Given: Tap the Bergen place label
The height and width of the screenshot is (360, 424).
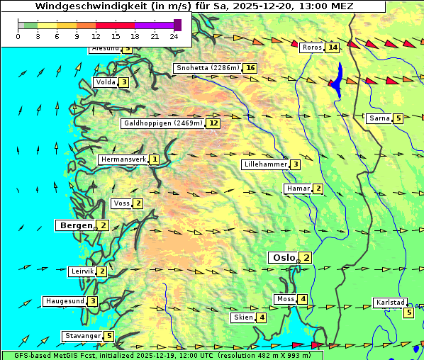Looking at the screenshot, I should coord(75,225).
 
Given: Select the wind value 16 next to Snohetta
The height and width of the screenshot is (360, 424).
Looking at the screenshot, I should coord(250,68).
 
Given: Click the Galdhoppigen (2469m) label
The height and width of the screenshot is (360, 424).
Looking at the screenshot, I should coord(164,123).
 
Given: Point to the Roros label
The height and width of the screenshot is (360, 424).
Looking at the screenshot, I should coord(312,47).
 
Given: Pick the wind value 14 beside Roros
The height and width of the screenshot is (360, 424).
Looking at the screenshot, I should coord(333,47).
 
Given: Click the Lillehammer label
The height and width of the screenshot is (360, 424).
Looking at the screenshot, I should coord(265,164).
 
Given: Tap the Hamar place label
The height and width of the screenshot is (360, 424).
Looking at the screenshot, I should coord(298,189).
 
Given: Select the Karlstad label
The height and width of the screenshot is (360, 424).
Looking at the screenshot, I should coord(391,303).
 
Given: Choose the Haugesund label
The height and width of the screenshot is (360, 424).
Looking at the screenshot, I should coord(65,301).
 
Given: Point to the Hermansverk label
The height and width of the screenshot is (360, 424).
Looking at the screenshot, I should coord(123,160).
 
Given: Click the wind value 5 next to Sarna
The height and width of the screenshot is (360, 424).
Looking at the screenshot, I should coord(398,118).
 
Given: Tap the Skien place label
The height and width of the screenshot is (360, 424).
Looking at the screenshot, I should coord(243,317).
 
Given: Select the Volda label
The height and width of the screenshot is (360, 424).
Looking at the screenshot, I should coord(106,82).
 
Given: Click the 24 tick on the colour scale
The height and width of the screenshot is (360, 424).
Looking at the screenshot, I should coord(174,36).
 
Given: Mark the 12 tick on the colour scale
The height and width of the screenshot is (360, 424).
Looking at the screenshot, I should coord(96,36).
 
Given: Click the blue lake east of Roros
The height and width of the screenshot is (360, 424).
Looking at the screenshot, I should coord(338,80).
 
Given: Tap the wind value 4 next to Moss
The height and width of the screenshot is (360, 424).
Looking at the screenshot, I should coord(303,300).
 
